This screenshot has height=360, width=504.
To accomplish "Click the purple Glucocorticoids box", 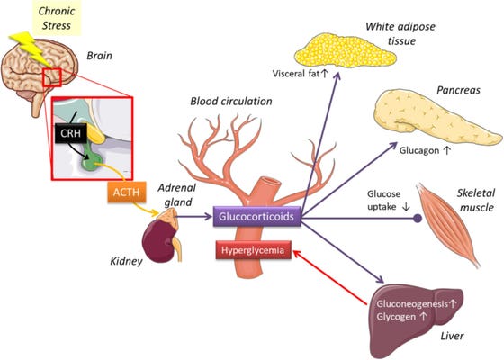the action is pyautogui.click(x=257, y=216).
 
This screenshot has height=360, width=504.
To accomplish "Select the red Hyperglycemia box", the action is pyautogui.click(x=253, y=250).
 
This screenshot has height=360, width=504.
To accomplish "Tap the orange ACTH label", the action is pyautogui.click(x=126, y=193).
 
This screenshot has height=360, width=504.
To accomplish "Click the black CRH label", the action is pyautogui.click(x=71, y=133).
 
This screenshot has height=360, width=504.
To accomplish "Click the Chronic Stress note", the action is pyautogui.click(x=57, y=18).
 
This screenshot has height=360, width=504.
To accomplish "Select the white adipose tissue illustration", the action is pyautogui.click(x=346, y=51).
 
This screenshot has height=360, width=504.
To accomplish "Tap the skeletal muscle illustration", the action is pyautogui.click(x=448, y=224).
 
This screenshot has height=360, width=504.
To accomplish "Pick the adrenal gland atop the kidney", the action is pyautogui.click(x=167, y=216).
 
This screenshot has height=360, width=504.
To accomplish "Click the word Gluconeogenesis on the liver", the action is pyautogui.click(x=412, y=304).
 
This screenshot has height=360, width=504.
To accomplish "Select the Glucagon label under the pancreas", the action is pyautogui.click(x=419, y=150).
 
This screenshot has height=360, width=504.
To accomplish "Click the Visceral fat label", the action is pyautogui.click(x=296, y=74).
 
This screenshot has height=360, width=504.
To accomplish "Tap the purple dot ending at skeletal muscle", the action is pyautogui.click(x=418, y=219).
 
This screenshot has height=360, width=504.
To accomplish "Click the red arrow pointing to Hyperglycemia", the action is pyautogui.click(x=329, y=277).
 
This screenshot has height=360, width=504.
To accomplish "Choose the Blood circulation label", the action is pyautogui.click(x=231, y=101).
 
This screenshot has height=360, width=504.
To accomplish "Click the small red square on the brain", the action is pyautogui.click(x=52, y=77).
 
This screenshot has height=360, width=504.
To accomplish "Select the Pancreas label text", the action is pyautogui.click(x=458, y=90).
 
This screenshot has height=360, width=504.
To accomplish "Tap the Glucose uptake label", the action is pyautogui.click(x=383, y=200).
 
